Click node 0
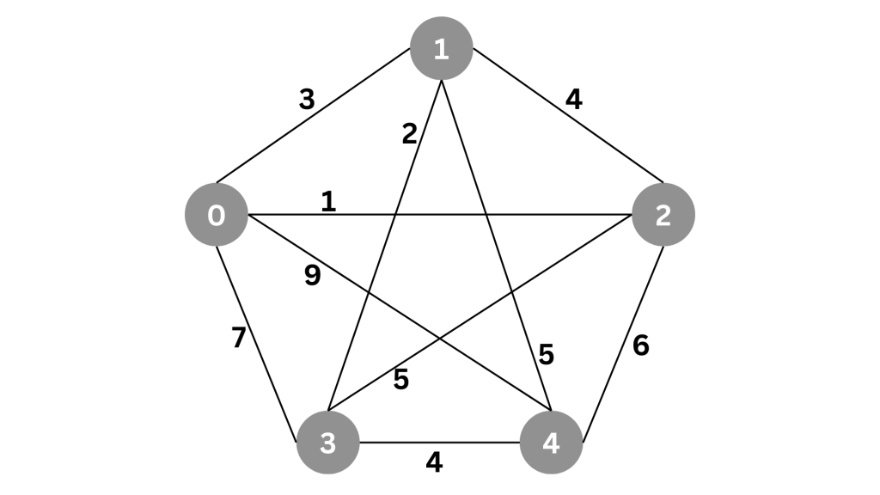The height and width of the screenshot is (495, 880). pyautogui.click(x=217, y=214)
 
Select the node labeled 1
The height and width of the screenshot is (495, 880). pyautogui.click(x=442, y=48)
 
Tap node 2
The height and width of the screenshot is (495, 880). pyautogui.click(x=663, y=214)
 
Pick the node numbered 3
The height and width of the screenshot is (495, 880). pyautogui.click(x=327, y=443)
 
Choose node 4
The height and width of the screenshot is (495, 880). pyautogui.click(x=551, y=443)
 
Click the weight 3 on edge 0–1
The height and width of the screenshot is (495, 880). pyautogui.click(x=307, y=100)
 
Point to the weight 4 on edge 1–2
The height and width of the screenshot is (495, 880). pyautogui.click(x=573, y=100)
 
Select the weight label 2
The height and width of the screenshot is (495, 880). pyautogui.click(x=410, y=134)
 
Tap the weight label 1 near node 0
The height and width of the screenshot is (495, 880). pyautogui.click(x=328, y=201)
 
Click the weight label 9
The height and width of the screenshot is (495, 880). pyautogui.click(x=313, y=276)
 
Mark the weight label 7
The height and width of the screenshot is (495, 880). pyautogui.click(x=239, y=337)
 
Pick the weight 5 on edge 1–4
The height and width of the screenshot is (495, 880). pyautogui.click(x=546, y=355)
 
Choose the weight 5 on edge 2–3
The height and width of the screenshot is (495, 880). pyautogui.click(x=400, y=380)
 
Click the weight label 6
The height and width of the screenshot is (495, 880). pyautogui.click(x=641, y=345)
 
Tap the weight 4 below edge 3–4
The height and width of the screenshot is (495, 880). pyautogui.click(x=434, y=462)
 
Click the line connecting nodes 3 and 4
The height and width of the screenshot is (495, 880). pyautogui.click(x=439, y=443)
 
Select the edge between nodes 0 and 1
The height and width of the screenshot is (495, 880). pyautogui.click(x=313, y=116)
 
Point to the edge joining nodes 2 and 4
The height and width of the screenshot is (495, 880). pyautogui.click(x=624, y=344)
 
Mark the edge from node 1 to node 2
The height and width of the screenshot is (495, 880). pyautogui.click(x=568, y=115)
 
